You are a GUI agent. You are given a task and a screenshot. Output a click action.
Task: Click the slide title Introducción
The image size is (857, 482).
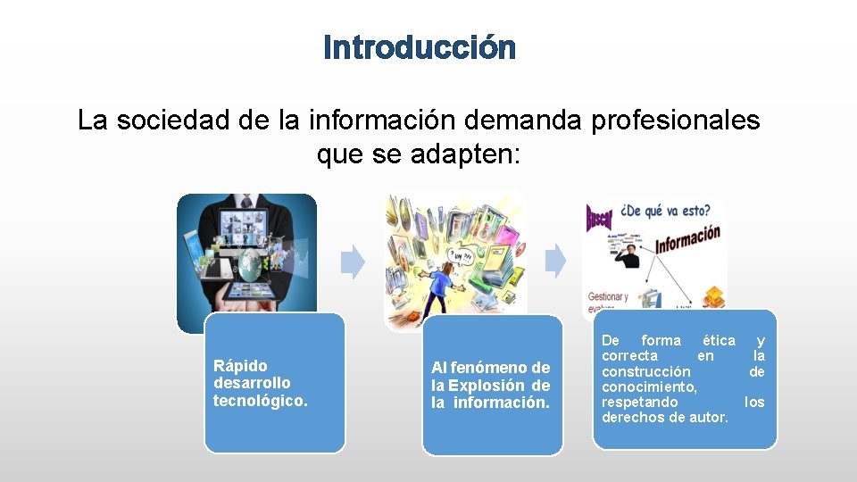(420, 47)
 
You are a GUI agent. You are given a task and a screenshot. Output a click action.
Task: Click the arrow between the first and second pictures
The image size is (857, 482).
(354, 262)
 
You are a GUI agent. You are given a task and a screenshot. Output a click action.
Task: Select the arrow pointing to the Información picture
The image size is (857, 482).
(555, 262)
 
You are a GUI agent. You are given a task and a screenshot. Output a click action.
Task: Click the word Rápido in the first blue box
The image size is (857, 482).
(240, 365)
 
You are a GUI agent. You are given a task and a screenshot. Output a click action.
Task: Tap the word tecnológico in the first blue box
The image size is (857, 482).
(259, 401)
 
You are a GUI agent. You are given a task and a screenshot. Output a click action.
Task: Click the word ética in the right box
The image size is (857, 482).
(719, 340)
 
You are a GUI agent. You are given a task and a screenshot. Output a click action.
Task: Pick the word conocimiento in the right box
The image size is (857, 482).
(649, 386)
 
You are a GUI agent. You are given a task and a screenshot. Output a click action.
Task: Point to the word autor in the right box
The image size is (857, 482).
(710, 417)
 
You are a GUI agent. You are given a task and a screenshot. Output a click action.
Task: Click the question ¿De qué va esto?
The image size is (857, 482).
(665, 212)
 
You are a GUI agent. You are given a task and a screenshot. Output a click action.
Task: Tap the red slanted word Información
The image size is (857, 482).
(687, 239)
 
